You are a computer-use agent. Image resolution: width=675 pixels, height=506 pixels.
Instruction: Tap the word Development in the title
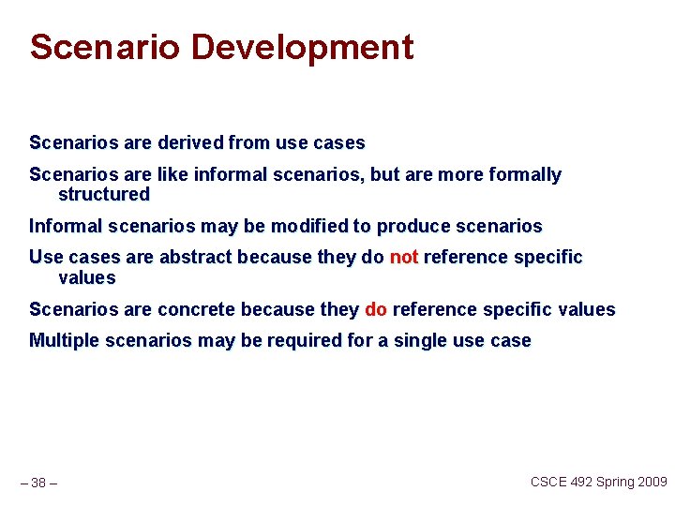pos(302,47)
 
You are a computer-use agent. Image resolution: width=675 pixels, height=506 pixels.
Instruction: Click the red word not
pos(403,258)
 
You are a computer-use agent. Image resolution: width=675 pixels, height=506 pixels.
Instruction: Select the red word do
pos(375,309)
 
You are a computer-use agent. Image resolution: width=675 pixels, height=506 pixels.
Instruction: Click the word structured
pos(103,195)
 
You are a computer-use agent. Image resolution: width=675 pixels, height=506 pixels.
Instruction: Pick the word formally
pos(523,175)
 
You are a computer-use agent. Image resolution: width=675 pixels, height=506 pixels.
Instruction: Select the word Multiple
pos(64,341)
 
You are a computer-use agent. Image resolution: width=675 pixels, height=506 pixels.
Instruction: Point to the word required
pos(305,341)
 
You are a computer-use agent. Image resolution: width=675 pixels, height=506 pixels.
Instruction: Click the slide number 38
pos(38,484)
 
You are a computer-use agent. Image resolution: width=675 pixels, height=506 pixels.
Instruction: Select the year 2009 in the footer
pos(653,482)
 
